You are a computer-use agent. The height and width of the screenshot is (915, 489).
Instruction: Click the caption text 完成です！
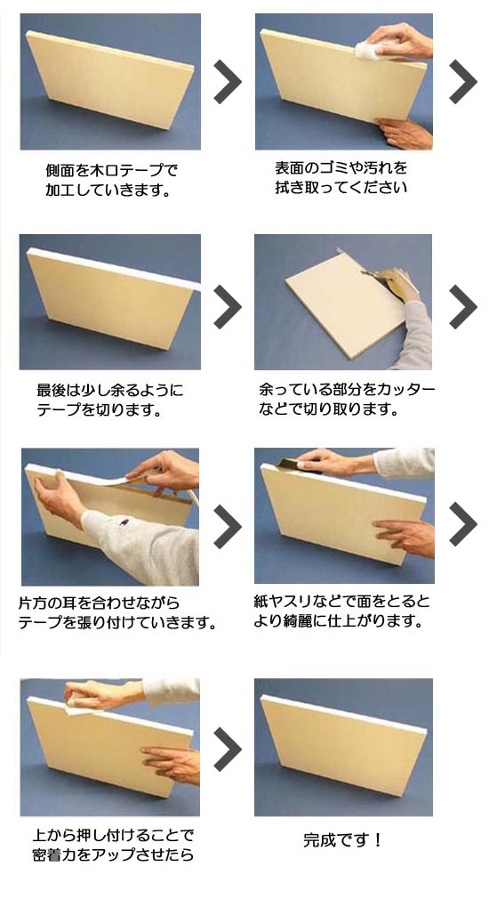click(x=342, y=839)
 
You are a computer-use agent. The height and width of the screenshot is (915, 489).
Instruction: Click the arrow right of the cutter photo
click(x=462, y=307)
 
